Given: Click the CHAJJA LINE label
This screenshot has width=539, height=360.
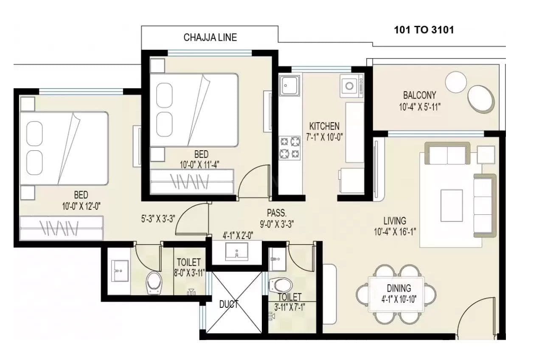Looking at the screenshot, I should tap(210, 37).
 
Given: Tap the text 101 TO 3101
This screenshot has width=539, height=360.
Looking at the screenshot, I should tap(424, 30).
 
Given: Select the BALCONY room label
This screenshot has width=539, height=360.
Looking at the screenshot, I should tap(419, 95).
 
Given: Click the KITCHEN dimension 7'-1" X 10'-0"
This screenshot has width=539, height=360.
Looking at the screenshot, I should tap(324, 137).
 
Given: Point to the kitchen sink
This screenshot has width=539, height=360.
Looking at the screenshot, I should tap(289, 86).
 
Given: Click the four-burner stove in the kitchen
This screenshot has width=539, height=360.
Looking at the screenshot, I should tap(289, 148).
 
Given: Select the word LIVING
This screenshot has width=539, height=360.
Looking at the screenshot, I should tap(395, 221).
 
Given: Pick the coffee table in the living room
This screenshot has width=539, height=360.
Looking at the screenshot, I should tap(452, 205).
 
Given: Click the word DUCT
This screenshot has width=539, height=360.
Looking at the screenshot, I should tap(228, 304).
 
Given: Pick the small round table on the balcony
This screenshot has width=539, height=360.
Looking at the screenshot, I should tap(456, 82).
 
